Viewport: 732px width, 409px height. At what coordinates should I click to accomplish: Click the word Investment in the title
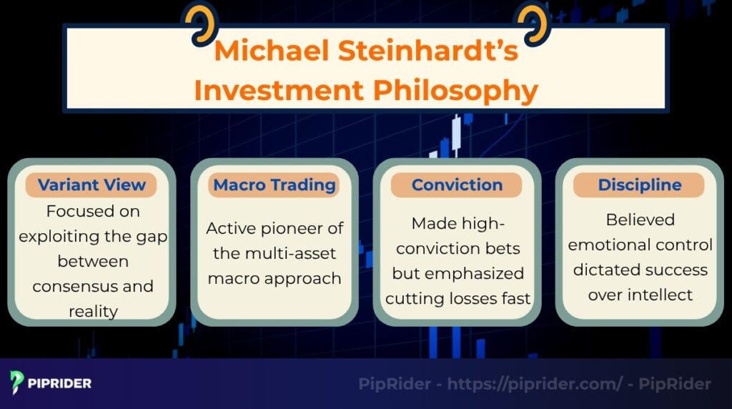[x=278, y=91]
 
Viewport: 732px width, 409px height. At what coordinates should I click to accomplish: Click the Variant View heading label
[x=91, y=185]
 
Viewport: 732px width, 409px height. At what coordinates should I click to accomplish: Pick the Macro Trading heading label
[x=274, y=185]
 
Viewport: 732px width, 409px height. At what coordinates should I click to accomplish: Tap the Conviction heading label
[x=457, y=185]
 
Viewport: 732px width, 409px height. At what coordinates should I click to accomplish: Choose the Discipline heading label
[x=639, y=185]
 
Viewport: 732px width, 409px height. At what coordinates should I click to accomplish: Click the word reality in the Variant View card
[x=91, y=311]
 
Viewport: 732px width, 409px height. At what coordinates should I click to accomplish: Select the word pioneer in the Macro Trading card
[x=310, y=229]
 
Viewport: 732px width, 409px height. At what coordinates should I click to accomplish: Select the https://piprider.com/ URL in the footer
[x=535, y=384]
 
